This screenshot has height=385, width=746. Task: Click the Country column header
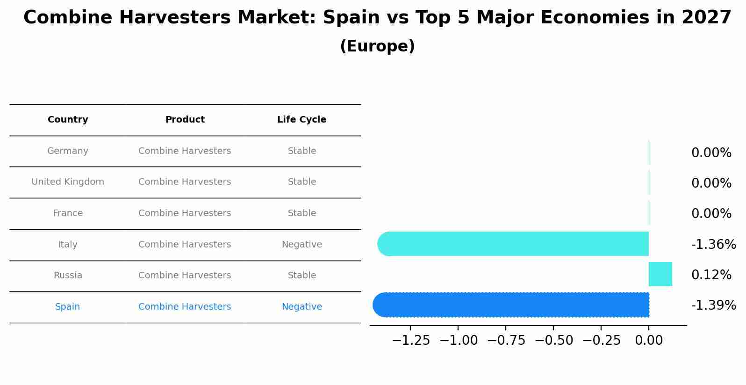pos(68,120)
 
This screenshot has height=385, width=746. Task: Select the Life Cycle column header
pos(301,120)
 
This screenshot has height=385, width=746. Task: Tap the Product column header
pos(185,120)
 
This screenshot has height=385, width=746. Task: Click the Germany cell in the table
pos(68,151)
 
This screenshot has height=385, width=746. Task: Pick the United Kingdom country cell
pos(68,182)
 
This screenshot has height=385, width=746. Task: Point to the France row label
pos(68,213)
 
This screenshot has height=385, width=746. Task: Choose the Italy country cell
pos(68,245)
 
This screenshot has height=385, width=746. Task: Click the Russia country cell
pos(68,276)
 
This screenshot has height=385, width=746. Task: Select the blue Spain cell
pos(67,307)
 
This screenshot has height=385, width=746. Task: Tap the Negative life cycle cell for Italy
pos(301,245)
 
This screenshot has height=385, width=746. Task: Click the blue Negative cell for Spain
pos(301,307)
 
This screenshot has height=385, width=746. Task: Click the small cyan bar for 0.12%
pos(660,274)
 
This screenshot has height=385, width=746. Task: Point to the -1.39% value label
pos(713,305)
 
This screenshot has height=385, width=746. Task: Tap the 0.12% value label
pos(711,275)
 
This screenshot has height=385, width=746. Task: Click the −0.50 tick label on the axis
pos(553,341)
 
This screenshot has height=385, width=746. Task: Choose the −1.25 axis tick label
pos(410,341)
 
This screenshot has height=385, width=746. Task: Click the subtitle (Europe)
pos(377,46)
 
